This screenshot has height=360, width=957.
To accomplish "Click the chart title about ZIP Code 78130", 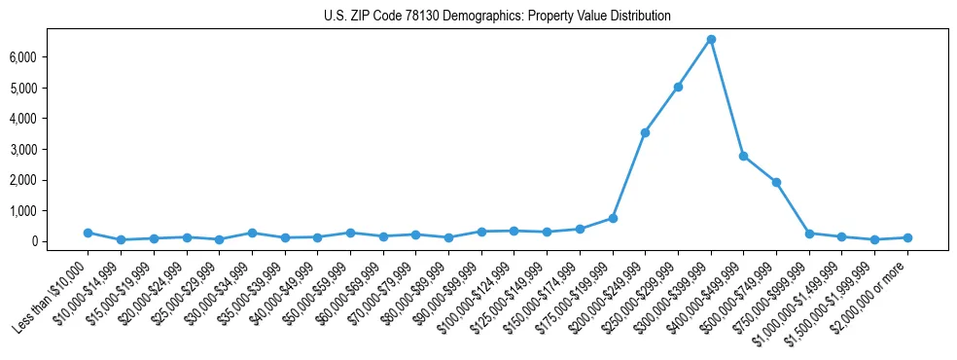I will point(497,16).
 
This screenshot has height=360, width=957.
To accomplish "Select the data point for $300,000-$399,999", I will point(711,39).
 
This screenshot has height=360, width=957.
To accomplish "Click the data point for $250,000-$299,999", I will point(678,87).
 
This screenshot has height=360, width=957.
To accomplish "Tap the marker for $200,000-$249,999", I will point(645,132).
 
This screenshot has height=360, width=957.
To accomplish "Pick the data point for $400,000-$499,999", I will point(743,156).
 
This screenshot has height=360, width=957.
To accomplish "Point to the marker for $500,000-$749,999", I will point(776,182).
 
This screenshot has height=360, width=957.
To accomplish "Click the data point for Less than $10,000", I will point(88,233).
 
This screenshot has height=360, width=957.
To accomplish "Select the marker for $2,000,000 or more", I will point(907,237).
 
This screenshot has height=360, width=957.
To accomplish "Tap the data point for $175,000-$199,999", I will point(613,218).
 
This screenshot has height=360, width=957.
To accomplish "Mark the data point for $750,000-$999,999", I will point(809,234).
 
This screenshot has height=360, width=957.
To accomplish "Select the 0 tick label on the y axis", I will point(59,241).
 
